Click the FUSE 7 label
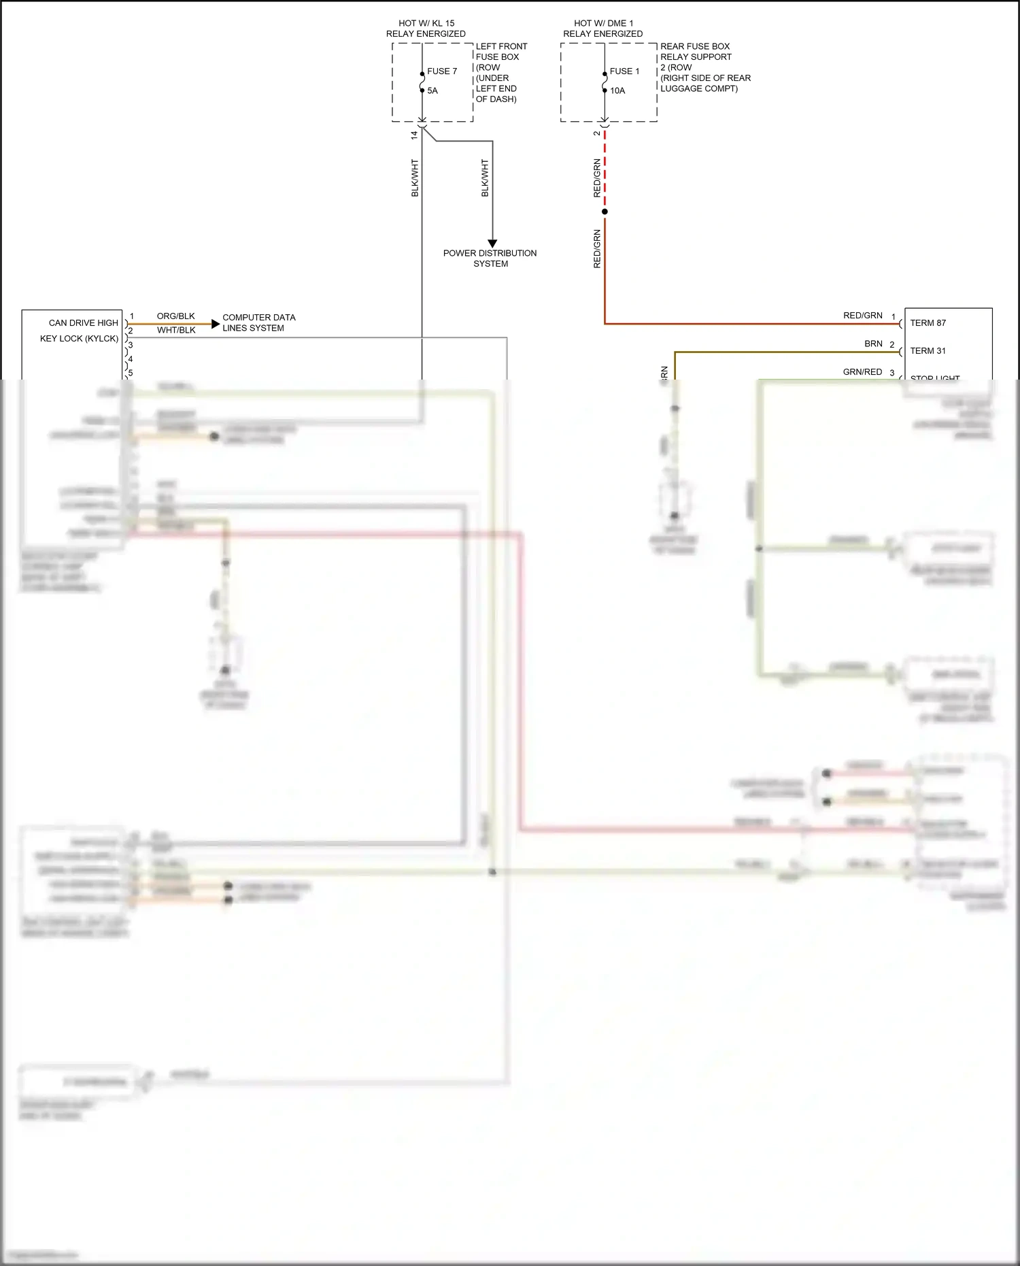(x=442, y=71)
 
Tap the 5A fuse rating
(x=432, y=90)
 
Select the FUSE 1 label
(x=624, y=71)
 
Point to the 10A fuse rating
(x=617, y=90)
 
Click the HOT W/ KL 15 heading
(x=426, y=23)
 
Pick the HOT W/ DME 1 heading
(x=603, y=23)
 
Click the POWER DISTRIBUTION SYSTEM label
(x=490, y=259)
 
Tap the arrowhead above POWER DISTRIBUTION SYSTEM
(x=492, y=244)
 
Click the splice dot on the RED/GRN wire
(x=605, y=212)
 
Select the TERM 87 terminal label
(x=928, y=323)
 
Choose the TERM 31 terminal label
(x=928, y=351)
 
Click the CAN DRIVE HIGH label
(x=84, y=323)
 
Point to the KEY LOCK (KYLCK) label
(x=79, y=339)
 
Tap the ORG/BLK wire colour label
(x=175, y=316)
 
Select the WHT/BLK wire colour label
(x=176, y=331)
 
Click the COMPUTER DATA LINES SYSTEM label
(x=259, y=322)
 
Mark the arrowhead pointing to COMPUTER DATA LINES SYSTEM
(x=216, y=324)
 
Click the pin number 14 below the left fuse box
(x=414, y=135)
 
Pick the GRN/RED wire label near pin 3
(x=862, y=372)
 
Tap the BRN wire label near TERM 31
(x=873, y=344)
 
